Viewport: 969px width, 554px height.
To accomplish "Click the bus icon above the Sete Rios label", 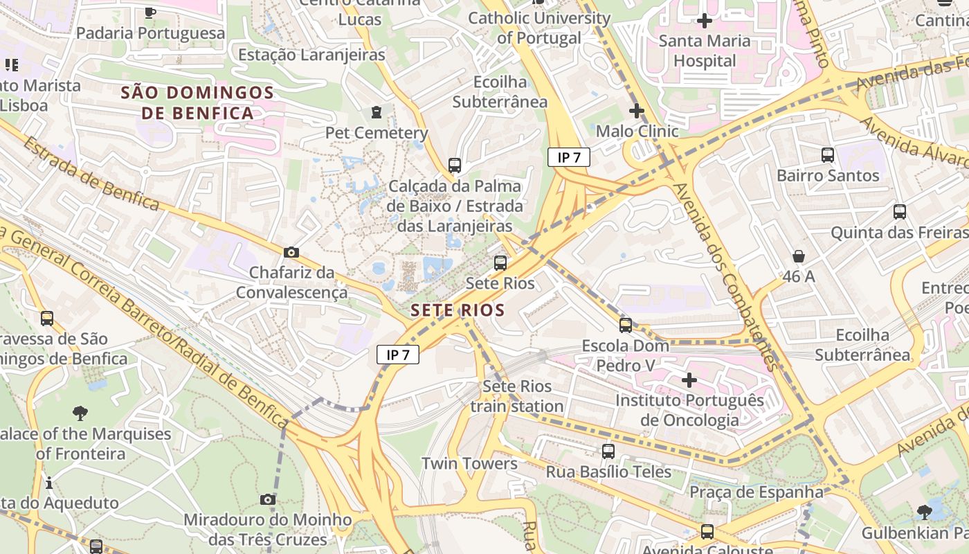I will [500, 263].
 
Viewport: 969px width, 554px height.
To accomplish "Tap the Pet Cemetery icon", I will [377, 112].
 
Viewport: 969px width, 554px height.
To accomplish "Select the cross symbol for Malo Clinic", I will [637, 111].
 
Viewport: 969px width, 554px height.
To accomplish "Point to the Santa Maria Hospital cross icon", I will [705, 21].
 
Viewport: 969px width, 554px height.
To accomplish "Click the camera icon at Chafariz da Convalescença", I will [291, 252].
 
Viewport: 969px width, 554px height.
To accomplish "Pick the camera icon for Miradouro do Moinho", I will [268, 499].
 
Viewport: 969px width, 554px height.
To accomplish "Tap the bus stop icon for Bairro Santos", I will [828, 155].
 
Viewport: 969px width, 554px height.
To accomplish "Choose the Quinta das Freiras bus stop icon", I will [900, 212].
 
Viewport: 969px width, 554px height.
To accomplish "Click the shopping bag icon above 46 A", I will [799, 257].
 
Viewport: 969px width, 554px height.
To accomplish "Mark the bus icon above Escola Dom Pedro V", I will [626, 325].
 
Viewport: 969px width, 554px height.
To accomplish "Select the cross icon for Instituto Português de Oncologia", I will [689, 380].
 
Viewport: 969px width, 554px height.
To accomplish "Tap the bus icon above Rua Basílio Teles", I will [608, 452].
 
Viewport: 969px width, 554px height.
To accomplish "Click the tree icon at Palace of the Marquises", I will [80, 414].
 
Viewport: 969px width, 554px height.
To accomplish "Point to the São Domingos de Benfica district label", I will [197, 102].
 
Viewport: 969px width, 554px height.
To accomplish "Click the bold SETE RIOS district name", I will [458, 310].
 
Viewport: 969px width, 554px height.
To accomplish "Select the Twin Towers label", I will [470, 464].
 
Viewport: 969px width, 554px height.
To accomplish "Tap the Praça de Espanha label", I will [757, 492].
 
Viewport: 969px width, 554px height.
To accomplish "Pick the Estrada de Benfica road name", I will [91, 173].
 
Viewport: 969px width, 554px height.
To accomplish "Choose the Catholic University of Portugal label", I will [539, 28].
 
